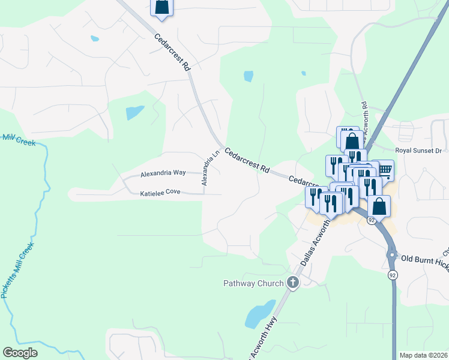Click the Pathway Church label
click(x=253, y=283)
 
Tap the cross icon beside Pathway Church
click(x=293, y=283)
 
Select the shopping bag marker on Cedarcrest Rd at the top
click(x=161, y=7)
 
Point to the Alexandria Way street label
click(x=163, y=173)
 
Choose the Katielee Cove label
click(x=160, y=194)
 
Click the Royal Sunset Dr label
click(x=418, y=151)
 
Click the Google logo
click(x=20, y=353)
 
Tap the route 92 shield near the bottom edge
click(x=393, y=275)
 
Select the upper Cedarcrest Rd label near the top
click(x=172, y=53)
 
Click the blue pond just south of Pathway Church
click(x=258, y=313)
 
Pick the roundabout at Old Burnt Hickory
click(x=391, y=254)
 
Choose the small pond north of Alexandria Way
click(x=134, y=112)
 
